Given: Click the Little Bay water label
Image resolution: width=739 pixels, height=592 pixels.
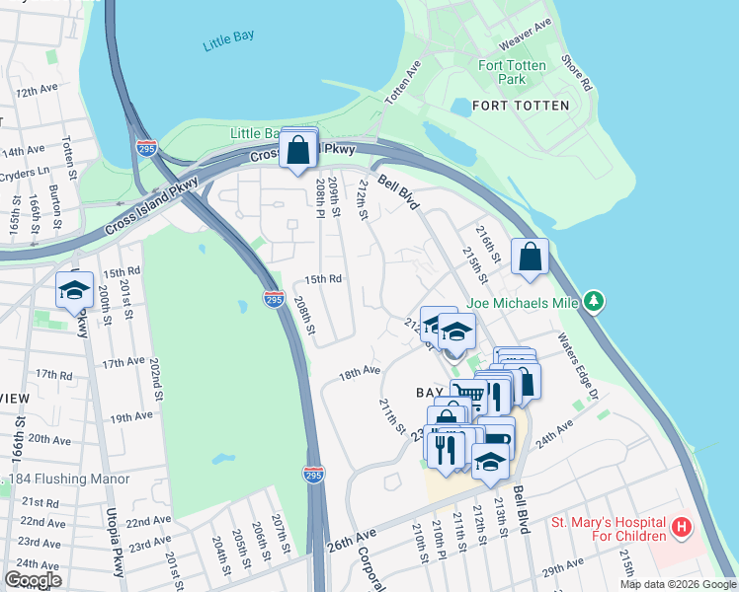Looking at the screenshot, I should (x=228, y=37).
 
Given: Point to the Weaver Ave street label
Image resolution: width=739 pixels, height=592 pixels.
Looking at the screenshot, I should (x=525, y=35).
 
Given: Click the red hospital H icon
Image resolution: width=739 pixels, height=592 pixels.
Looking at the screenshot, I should (x=680, y=528).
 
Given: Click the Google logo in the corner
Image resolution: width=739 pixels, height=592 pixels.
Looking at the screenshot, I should (x=34, y=579).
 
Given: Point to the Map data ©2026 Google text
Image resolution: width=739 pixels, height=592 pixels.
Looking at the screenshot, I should (x=677, y=584).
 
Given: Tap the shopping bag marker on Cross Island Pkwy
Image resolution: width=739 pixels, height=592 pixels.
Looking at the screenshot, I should (x=297, y=152).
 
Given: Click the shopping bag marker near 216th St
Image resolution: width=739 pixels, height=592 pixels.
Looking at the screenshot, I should (x=531, y=257).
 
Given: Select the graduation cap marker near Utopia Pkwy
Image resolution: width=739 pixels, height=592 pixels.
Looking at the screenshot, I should (x=74, y=290).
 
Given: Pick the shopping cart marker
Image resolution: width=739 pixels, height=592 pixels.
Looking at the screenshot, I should (x=469, y=396).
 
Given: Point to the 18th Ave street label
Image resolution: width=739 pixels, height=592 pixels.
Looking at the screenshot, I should (x=360, y=372).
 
